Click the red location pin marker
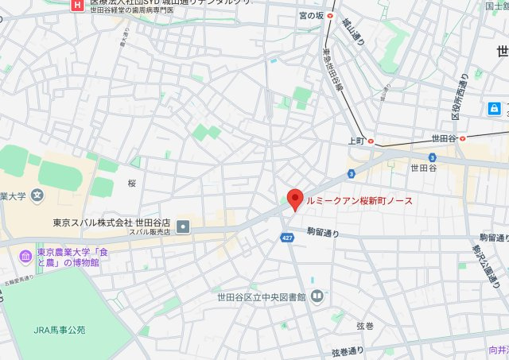(294, 199)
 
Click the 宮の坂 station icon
(330, 15)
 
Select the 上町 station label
(356, 141)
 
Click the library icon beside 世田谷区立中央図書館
(317, 297)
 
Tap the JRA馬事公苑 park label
(60, 329)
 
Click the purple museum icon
(24, 256)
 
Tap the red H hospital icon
(76, 5)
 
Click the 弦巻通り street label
(348, 350)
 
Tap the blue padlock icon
(494, 107)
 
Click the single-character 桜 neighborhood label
(132, 184)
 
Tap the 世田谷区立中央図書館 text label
(261, 297)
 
